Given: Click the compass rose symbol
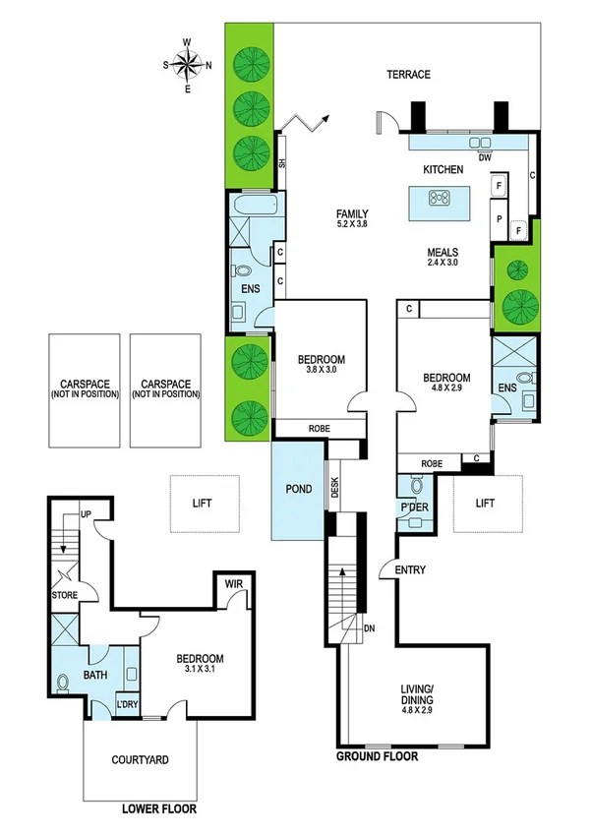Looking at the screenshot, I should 187,65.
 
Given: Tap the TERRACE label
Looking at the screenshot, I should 408,75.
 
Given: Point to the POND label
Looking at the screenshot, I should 298,488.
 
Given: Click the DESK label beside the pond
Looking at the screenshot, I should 335,489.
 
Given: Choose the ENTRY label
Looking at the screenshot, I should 409,570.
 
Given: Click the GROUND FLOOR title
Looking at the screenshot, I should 378,757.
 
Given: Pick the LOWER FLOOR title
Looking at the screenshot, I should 159,808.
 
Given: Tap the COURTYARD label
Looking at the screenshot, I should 140,759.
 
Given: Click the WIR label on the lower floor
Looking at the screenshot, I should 233,584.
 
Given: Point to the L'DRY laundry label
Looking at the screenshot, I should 127,705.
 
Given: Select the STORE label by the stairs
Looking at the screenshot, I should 65,595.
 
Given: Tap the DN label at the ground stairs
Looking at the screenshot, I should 369,628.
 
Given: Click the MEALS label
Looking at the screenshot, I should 443,251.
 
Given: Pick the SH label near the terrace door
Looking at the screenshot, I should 281,164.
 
